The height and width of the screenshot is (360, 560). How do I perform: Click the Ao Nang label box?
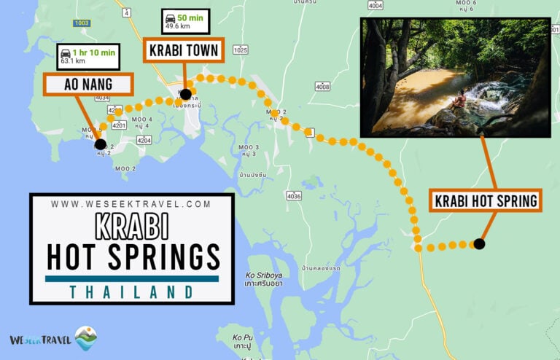[87, 85]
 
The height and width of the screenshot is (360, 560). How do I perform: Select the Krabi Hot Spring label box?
[486, 200]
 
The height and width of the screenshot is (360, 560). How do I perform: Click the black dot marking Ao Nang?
[100, 144]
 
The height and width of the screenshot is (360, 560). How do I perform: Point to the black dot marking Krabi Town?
[186, 94]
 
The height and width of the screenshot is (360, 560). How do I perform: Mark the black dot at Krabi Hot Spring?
[479, 244]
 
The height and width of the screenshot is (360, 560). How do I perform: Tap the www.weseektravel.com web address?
[131, 205]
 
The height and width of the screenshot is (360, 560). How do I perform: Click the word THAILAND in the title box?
[132, 291]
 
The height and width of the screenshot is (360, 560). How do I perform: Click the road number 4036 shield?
[294, 196]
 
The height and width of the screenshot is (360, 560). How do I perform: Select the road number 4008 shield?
[322, 87]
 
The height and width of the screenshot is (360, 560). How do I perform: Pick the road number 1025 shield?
[241, 50]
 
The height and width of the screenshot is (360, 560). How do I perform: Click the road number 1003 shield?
[82, 23]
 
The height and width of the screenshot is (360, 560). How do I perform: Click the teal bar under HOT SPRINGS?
[132, 278]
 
